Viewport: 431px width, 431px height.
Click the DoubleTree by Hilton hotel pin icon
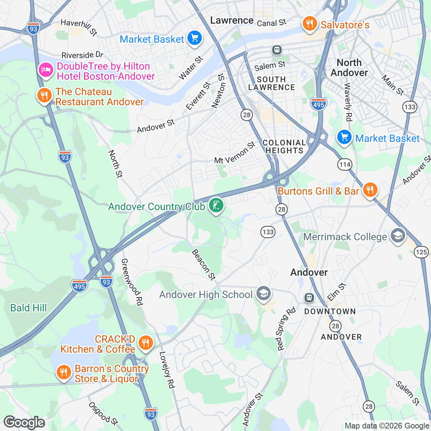[x=45, y=69]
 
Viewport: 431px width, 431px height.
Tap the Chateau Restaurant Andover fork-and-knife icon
[x=44, y=96]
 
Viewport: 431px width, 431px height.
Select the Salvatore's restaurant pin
[x=309, y=24]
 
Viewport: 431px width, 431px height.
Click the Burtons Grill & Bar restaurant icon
[x=370, y=189]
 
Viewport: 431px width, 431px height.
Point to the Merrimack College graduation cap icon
[x=397, y=236]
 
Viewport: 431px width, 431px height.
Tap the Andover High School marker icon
[x=264, y=293]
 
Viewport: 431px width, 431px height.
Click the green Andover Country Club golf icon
[x=216, y=206]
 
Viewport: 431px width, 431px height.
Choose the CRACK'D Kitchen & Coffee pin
[x=145, y=343]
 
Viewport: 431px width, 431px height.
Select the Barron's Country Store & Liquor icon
[x=64, y=372]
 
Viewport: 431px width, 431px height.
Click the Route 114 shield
[x=344, y=164]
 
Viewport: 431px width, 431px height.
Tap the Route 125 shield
[x=421, y=251]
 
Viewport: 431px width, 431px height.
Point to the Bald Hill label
[x=28, y=308]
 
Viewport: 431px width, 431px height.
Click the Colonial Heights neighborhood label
[x=284, y=147]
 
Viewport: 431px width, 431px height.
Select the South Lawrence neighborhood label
[x=272, y=83]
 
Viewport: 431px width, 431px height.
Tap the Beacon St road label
[x=204, y=264]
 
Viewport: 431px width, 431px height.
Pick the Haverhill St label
[x=79, y=27]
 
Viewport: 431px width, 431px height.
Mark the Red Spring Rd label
[x=286, y=329]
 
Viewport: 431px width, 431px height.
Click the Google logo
[x=24, y=422]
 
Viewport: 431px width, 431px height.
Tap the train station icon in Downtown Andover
[x=309, y=298]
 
